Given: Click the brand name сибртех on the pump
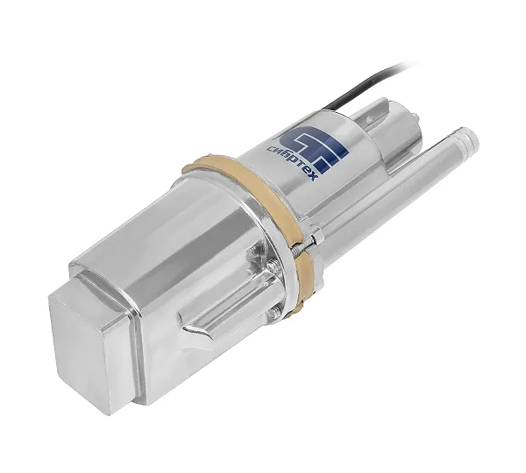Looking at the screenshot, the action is click(x=291, y=162).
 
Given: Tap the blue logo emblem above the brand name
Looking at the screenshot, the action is click(x=315, y=147).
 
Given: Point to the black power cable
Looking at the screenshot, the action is click(x=366, y=84).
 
